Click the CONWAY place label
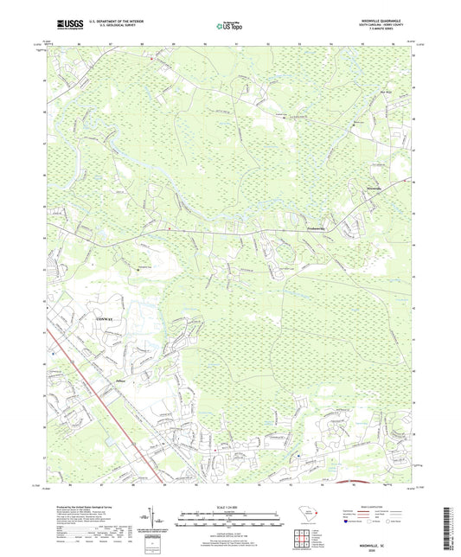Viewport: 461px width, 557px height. [96, 320]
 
